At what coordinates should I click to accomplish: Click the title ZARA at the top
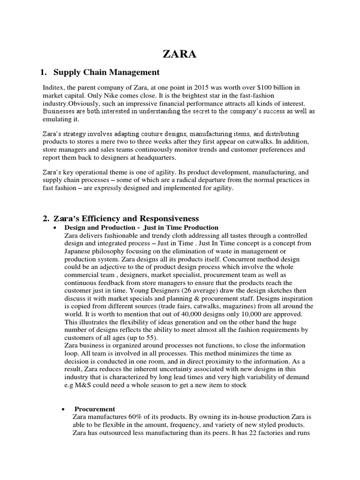[180, 54]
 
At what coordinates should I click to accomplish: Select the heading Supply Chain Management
[106, 72]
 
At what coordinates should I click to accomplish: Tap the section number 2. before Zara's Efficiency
[46, 218]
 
